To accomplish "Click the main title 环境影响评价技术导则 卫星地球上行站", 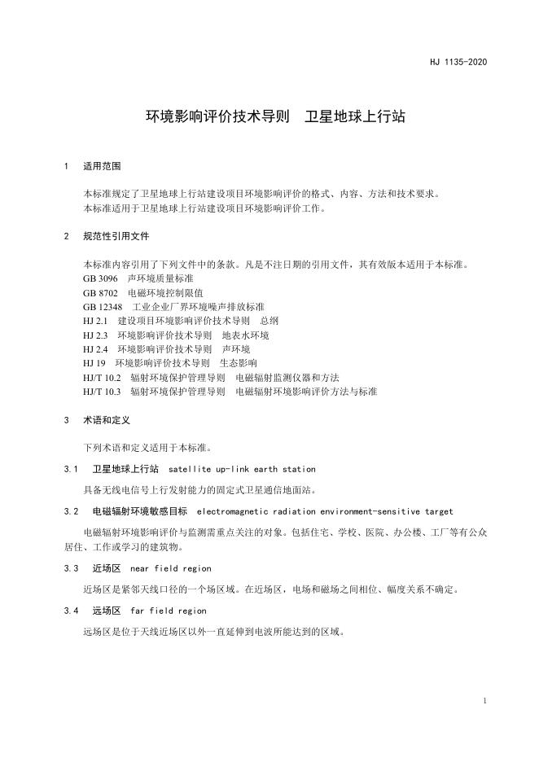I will click(275, 117).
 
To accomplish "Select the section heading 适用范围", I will click(102, 166).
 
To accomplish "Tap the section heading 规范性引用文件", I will click(116, 236).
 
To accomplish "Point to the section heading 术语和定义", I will click(107, 421).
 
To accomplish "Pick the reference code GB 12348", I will click(102, 307).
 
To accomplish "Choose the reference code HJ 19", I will click(94, 362).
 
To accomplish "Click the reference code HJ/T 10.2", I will click(102, 377).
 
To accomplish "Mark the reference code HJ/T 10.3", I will click(102, 391).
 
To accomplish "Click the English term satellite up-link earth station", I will click(241, 469).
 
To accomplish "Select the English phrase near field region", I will click(170, 568).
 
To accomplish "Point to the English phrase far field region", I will click(168, 610).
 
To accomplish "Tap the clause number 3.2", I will click(70, 511).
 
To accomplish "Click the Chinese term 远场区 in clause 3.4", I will click(107, 610).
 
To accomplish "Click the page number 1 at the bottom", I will click(484, 701).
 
